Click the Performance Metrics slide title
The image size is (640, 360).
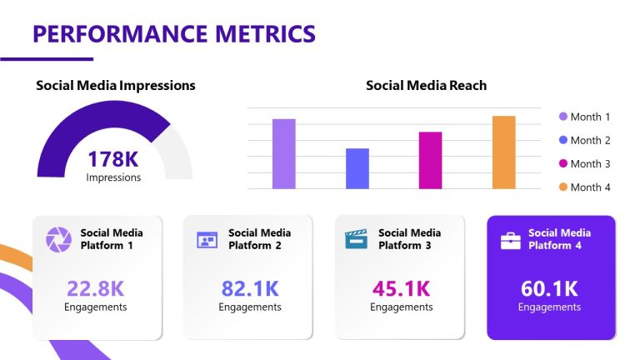pos(174,33)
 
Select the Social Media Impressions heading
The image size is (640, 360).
pos(116,85)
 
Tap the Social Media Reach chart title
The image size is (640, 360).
pos(426,85)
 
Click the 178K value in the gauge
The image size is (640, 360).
pos(113,158)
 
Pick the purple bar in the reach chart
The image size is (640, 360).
pos(283,154)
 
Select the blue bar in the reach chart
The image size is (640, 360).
pos(357,168)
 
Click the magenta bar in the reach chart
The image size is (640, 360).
pos(430,160)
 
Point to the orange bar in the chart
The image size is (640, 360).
pos(503,152)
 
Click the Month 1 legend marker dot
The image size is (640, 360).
pos(563,117)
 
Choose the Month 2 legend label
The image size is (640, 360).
pos(590,140)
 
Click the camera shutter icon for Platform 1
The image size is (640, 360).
pos(58,239)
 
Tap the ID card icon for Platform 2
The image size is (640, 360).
pos(207,240)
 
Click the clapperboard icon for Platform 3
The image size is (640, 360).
pos(357,239)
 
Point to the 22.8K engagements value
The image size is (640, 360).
pos(95,288)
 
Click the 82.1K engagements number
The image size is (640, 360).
pos(249,288)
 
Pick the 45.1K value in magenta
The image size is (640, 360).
pos(401,288)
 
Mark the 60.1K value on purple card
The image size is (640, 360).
pos(549,289)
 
